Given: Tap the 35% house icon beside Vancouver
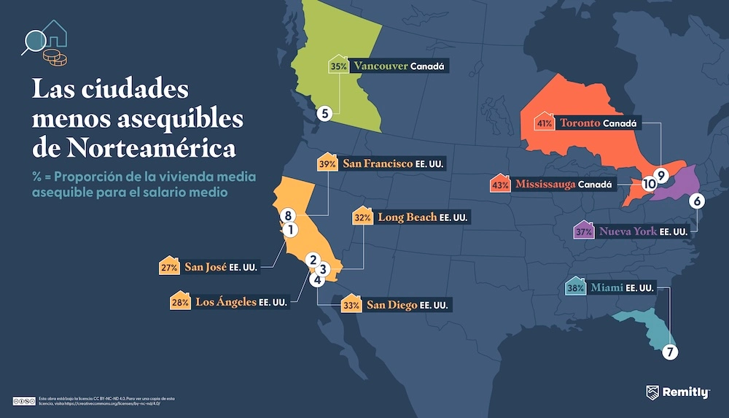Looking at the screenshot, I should coord(338,66).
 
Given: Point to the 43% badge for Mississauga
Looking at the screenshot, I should coord(500,185).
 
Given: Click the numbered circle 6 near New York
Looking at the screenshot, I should coord(696,200).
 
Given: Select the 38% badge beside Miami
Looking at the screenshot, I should coord(574,287).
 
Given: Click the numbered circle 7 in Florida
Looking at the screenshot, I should coord(670,352).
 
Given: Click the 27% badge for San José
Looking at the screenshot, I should coord(169,268).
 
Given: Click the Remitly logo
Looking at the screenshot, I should coord(677,393).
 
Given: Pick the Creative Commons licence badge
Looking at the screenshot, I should coord(24,400).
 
